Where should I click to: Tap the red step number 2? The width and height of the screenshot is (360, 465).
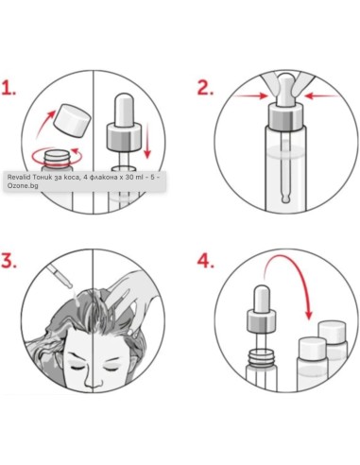[203, 89]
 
